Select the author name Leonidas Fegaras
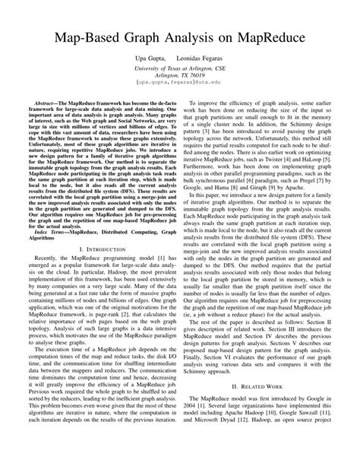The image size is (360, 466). [207, 59]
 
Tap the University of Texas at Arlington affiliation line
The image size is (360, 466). [179, 68]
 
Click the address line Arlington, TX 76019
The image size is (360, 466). [179, 76]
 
